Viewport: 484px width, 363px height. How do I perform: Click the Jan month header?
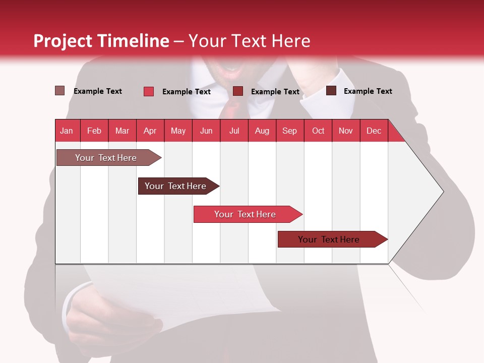tap(67, 131)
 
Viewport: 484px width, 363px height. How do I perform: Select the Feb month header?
tap(94, 131)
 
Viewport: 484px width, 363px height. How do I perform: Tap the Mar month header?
tap(122, 131)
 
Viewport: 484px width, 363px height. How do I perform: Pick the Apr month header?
tap(150, 131)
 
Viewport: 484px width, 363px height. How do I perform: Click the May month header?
tap(178, 131)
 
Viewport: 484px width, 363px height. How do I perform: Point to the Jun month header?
tap(206, 131)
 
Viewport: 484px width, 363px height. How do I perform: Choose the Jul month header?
tap(234, 131)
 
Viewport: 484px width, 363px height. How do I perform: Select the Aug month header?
tap(262, 131)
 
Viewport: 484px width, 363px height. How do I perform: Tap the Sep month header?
tap(289, 131)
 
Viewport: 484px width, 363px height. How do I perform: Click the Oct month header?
tap(318, 131)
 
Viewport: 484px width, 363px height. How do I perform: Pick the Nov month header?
tap(345, 131)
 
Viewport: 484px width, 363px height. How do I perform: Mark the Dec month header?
tap(374, 131)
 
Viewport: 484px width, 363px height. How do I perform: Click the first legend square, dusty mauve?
tap(59, 91)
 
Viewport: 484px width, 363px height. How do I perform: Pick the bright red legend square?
tap(149, 91)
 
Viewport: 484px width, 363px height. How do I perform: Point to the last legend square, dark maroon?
tap(331, 91)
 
